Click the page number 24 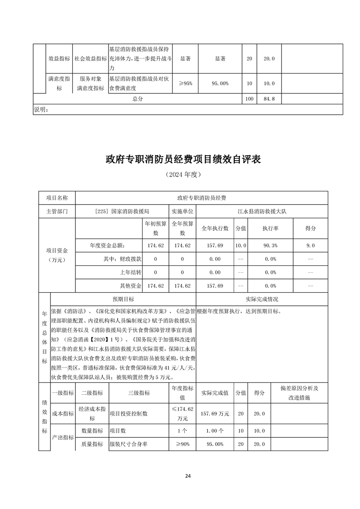click(188, 476)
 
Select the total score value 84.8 click(269, 99)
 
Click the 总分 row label click(138, 99)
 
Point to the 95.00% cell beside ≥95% click(220, 83)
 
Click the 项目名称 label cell click(57, 198)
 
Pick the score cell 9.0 click(311, 245)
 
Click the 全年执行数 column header click(215, 228)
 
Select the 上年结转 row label click(130, 273)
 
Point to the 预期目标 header click(123, 299)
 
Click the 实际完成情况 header click(261, 299)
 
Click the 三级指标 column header click(139, 393)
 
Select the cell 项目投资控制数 click(129, 414)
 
